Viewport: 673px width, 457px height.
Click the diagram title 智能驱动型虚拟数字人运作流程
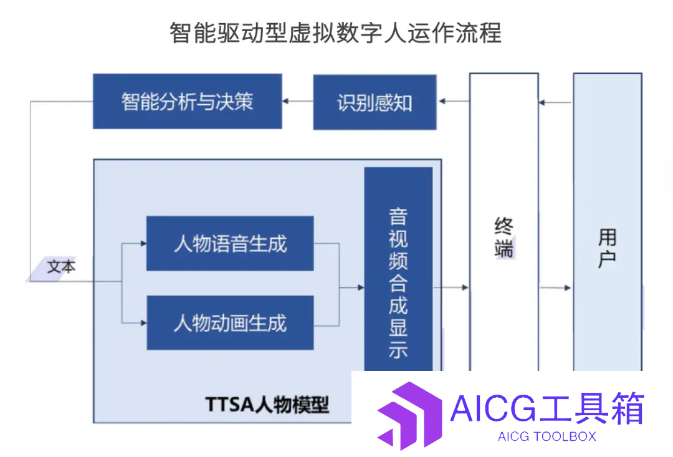pyautogui.click(x=336, y=32)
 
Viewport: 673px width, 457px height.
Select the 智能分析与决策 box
pyautogui.click(x=188, y=102)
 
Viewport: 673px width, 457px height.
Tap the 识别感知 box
pyautogui.click(x=375, y=102)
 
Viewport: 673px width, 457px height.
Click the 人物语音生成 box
pyautogui.click(x=230, y=244)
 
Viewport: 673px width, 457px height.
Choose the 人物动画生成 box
pyautogui.click(x=230, y=322)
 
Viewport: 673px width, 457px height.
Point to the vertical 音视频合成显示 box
pyautogui.click(x=398, y=269)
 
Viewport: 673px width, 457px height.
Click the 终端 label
pyautogui.click(x=504, y=238)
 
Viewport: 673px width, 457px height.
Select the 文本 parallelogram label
pyautogui.click(x=55, y=269)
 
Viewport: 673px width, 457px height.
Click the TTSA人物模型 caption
pyautogui.click(x=267, y=405)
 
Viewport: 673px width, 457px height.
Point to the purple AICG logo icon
pyautogui.click(x=409, y=415)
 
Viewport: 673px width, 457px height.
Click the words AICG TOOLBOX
pyautogui.click(x=547, y=437)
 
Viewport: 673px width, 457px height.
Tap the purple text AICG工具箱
pyautogui.click(x=548, y=408)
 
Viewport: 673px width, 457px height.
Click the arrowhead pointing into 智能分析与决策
pyautogui.click(x=285, y=102)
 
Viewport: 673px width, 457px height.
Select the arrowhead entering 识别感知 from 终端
pyautogui.click(x=442, y=102)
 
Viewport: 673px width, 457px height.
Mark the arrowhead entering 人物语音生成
pyautogui.click(x=143, y=244)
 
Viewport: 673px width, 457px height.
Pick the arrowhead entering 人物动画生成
pyautogui.click(x=144, y=322)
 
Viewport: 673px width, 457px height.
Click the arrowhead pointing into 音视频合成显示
pyautogui.click(x=361, y=287)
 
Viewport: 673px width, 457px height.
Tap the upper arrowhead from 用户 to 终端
pyautogui.click(x=542, y=103)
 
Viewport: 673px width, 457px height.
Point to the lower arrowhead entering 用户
pyautogui.click(x=568, y=288)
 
